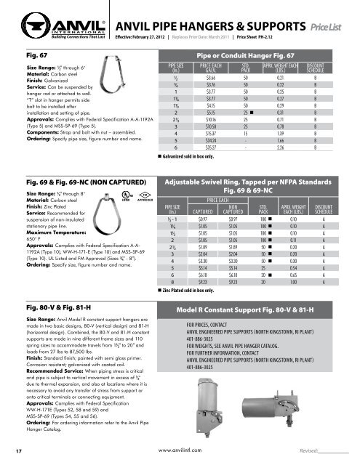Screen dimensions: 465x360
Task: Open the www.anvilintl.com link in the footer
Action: [180, 450]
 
